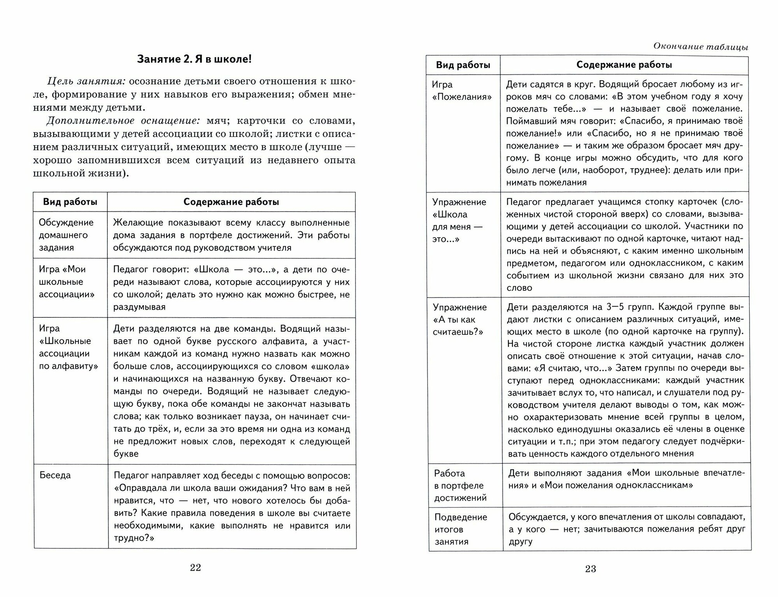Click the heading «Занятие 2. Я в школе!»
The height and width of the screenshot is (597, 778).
click(x=194, y=59)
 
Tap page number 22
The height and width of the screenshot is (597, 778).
click(x=195, y=567)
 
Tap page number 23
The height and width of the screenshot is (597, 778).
click(x=590, y=569)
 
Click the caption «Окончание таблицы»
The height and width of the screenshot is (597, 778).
click(x=701, y=47)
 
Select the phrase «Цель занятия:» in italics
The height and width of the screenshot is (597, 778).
click(x=86, y=81)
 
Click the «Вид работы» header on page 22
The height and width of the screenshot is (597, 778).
click(x=70, y=202)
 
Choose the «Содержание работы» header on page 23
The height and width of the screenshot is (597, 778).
click(x=624, y=65)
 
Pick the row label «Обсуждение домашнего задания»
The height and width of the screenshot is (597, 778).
click(x=66, y=235)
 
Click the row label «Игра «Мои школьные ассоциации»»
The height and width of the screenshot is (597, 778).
click(x=66, y=282)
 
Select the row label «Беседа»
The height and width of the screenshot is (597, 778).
click(x=55, y=475)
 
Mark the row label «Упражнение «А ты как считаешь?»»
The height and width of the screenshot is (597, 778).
click(x=459, y=319)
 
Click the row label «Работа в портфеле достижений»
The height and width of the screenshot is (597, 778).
click(x=460, y=485)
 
